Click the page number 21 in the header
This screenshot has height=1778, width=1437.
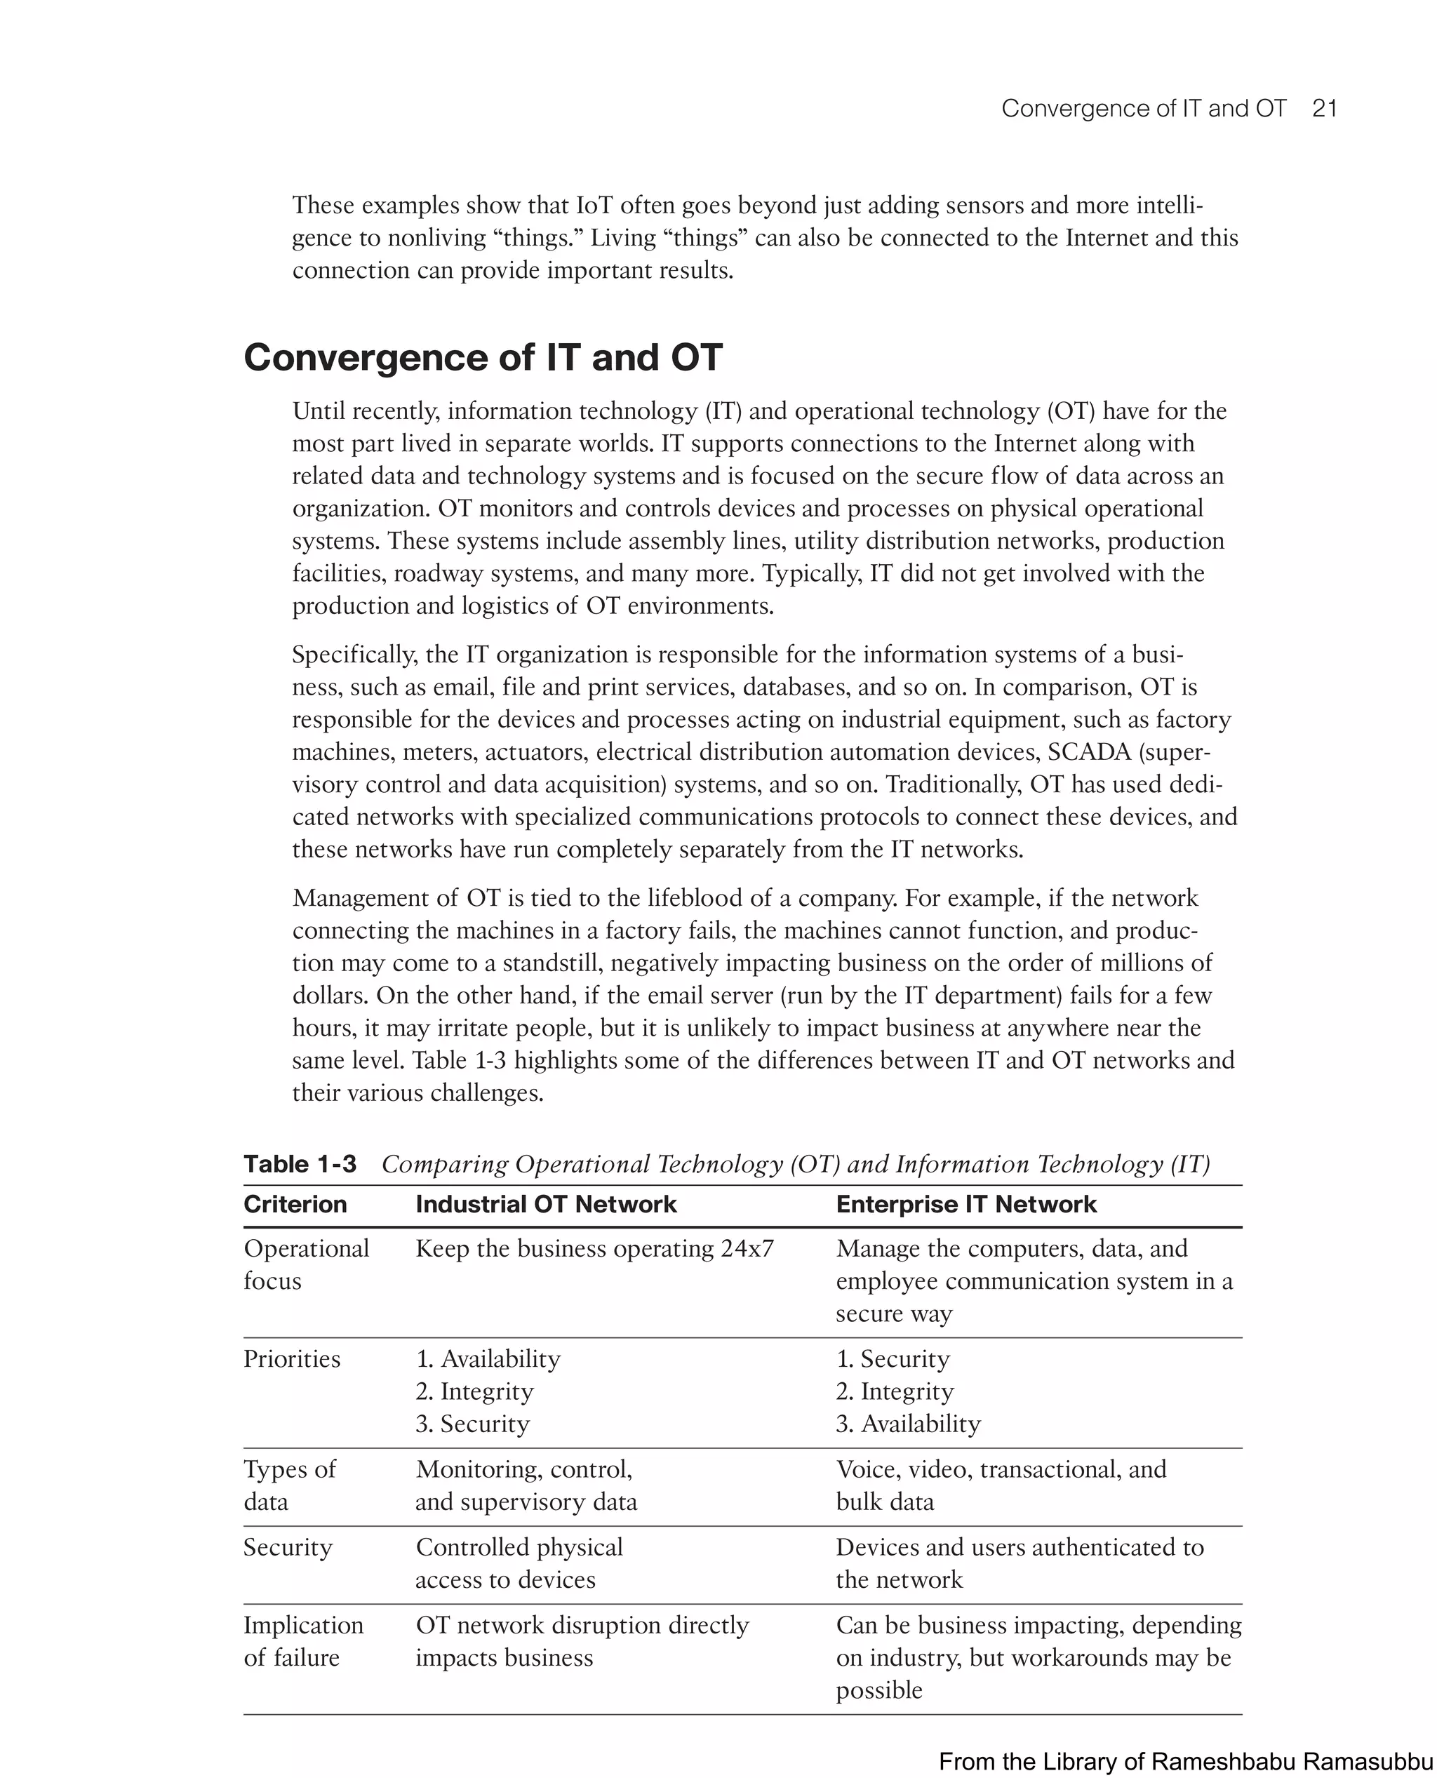(1325, 109)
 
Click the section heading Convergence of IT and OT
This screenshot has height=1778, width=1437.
(483, 358)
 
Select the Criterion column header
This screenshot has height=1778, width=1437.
(295, 1203)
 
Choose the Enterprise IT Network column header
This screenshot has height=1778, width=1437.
(965, 1203)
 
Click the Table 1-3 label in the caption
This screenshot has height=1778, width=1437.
(300, 1164)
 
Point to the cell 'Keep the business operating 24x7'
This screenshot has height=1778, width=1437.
(594, 1248)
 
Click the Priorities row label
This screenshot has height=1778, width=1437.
(291, 1358)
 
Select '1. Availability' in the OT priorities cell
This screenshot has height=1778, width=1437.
(488, 1358)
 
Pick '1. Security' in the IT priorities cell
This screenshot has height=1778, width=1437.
(893, 1358)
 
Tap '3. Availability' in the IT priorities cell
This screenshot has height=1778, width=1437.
(907, 1423)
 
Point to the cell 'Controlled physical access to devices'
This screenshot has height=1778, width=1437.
(519, 1563)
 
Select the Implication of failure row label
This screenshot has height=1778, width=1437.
(303, 1640)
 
